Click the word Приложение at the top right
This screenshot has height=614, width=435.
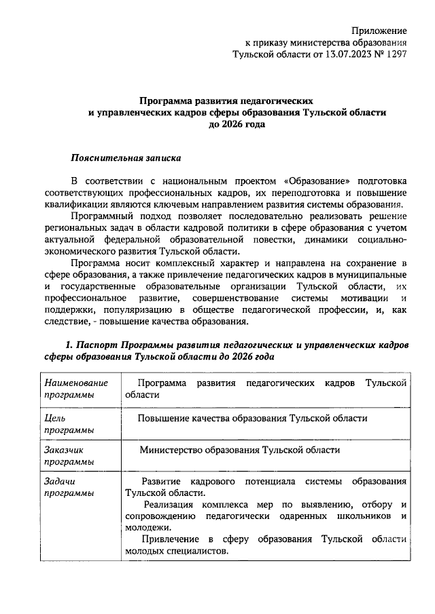(x=379, y=31)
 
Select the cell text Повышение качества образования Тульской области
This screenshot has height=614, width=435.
(x=252, y=418)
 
